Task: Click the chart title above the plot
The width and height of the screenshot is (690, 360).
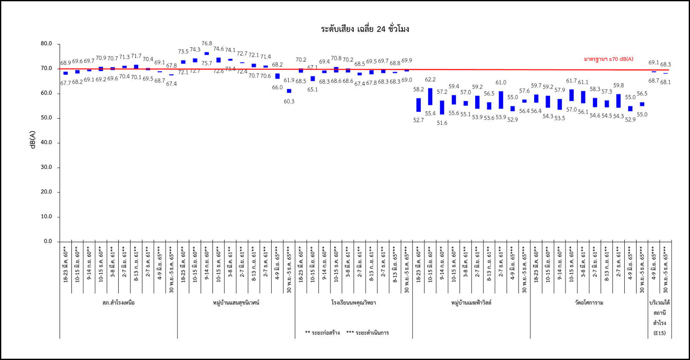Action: (x=365, y=29)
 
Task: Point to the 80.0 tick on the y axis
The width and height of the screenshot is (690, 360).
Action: (x=46, y=44)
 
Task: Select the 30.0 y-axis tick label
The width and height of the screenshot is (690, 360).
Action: (x=46, y=167)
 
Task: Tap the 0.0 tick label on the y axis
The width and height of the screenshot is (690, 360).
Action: (x=48, y=241)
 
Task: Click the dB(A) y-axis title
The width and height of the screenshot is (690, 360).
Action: (x=32, y=140)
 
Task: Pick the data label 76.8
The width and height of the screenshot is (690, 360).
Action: (x=207, y=44)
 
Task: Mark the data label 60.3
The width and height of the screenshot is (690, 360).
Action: (x=289, y=102)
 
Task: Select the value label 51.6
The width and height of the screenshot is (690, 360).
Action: (x=442, y=123)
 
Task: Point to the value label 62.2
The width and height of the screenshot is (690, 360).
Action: (x=430, y=79)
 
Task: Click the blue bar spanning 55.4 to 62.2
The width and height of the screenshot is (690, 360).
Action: (x=430, y=97)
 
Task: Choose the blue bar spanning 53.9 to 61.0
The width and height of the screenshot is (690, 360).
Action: (x=501, y=100)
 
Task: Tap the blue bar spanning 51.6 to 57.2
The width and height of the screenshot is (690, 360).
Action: (x=442, y=107)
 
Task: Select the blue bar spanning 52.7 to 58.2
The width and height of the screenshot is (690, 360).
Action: (x=419, y=105)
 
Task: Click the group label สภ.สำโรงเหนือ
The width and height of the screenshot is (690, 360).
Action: (x=119, y=303)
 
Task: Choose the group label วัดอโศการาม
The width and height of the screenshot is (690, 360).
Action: (x=589, y=303)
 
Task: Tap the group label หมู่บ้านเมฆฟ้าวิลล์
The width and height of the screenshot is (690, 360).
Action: (x=471, y=303)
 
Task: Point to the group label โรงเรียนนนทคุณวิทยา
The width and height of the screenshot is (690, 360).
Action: (x=354, y=303)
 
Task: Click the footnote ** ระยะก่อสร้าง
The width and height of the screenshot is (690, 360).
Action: (x=322, y=333)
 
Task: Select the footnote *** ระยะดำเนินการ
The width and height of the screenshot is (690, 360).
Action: (x=368, y=333)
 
